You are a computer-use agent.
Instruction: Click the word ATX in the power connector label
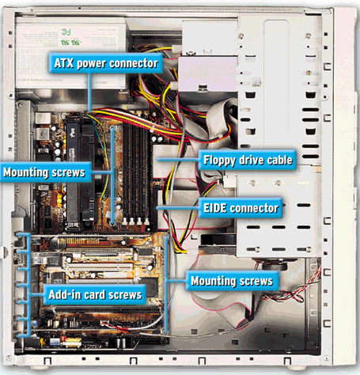(63, 63)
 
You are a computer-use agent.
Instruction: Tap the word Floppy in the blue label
(219, 161)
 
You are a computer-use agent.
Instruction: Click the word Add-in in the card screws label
(64, 294)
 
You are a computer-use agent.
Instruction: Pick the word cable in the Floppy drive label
(280, 160)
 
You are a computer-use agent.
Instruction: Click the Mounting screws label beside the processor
(44, 172)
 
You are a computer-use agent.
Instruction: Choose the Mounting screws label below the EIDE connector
(232, 281)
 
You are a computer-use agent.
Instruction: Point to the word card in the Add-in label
(94, 294)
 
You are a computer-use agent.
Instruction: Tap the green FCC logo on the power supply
(66, 32)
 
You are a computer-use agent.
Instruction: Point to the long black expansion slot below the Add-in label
(108, 309)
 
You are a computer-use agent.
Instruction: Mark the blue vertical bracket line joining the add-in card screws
(28, 285)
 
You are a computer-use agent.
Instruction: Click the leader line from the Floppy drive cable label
(178, 160)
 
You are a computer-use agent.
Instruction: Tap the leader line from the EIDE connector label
(178, 208)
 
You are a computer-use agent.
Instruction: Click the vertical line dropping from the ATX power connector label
(89, 92)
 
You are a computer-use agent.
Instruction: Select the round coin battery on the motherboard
(58, 243)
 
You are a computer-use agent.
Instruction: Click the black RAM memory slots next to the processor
(135, 174)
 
